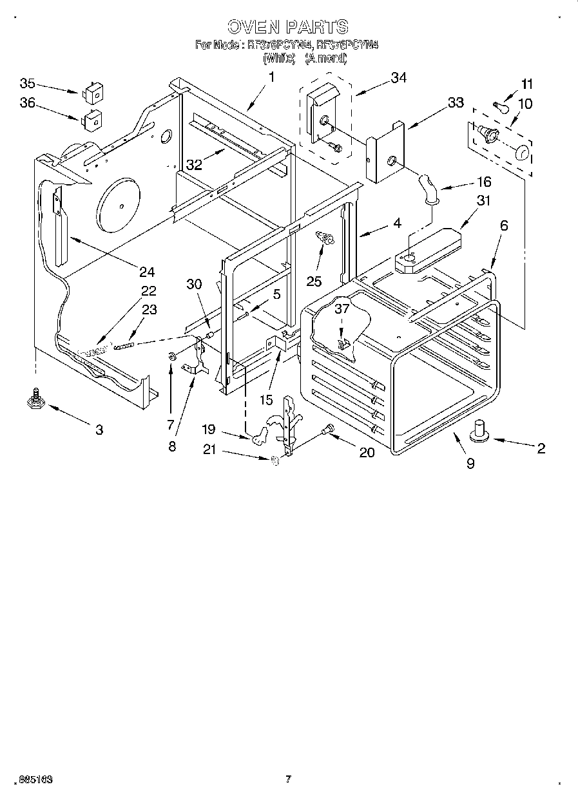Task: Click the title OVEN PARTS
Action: click(x=288, y=26)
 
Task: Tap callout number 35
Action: click(x=28, y=84)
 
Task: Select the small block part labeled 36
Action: click(x=92, y=119)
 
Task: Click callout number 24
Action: click(x=147, y=271)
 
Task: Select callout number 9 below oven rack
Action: click(x=470, y=462)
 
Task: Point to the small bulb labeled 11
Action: click(x=499, y=104)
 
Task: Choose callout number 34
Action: click(x=399, y=78)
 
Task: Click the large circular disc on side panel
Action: click(x=120, y=202)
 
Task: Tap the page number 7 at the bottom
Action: click(x=288, y=779)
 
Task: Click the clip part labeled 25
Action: click(x=326, y=240)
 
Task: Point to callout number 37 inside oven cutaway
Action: click(x=342, y=309)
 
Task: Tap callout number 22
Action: click(x=149, y=291)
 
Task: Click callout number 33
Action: click(x=456, y=102)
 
